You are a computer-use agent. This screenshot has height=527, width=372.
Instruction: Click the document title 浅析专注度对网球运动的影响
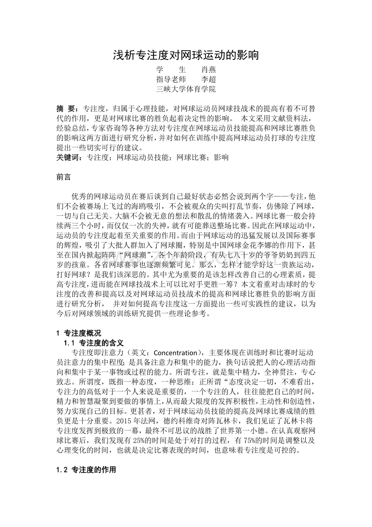coord(186,55)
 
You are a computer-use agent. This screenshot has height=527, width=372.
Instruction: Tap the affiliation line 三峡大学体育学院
coord(186,89)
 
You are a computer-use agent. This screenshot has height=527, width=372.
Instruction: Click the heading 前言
coord(64,177)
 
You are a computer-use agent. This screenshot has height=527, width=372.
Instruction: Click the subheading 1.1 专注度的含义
coord(94,342)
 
